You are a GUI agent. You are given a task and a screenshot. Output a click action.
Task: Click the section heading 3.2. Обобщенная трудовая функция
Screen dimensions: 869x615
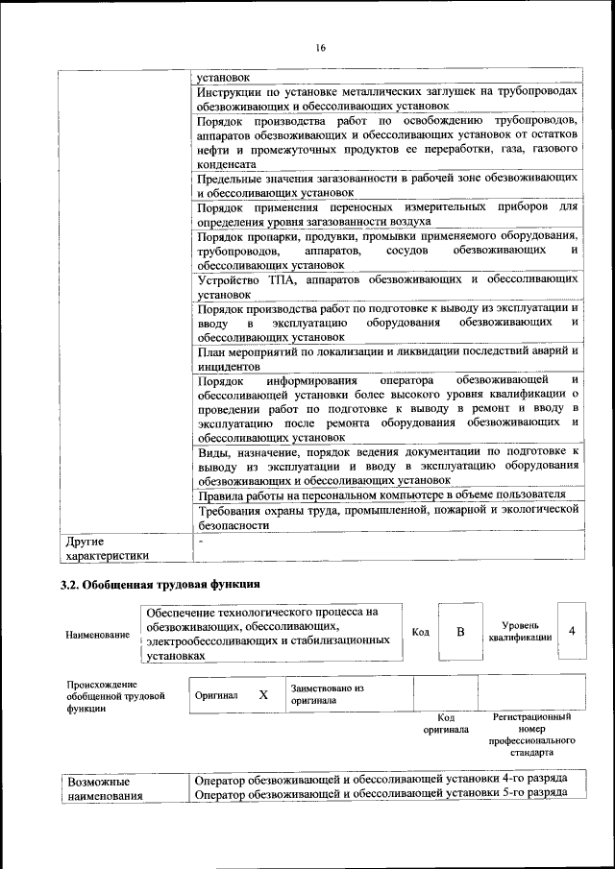pos(161,584)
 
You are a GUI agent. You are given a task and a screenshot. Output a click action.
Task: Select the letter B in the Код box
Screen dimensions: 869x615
pos(460,632)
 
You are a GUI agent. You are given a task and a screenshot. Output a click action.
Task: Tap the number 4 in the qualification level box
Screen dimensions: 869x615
pos(573,631)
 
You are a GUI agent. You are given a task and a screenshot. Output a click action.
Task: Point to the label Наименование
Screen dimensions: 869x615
pos(98,635)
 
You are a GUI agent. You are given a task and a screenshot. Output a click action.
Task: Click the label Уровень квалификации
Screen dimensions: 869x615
pos(519,631)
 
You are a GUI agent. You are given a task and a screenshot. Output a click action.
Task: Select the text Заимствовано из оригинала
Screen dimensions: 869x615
pos(328,694)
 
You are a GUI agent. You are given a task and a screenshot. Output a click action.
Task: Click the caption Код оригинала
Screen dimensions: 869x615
pos(445,723)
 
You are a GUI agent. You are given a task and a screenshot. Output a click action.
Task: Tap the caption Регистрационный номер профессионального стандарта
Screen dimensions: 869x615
pos(531,736)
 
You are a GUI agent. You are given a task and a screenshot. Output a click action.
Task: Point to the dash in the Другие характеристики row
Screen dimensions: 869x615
pos(199,541)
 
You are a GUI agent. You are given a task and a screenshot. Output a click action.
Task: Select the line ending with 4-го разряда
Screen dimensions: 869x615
pos(381,779)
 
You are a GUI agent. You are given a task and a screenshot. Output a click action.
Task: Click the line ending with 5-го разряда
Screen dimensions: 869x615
pos(381,794)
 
